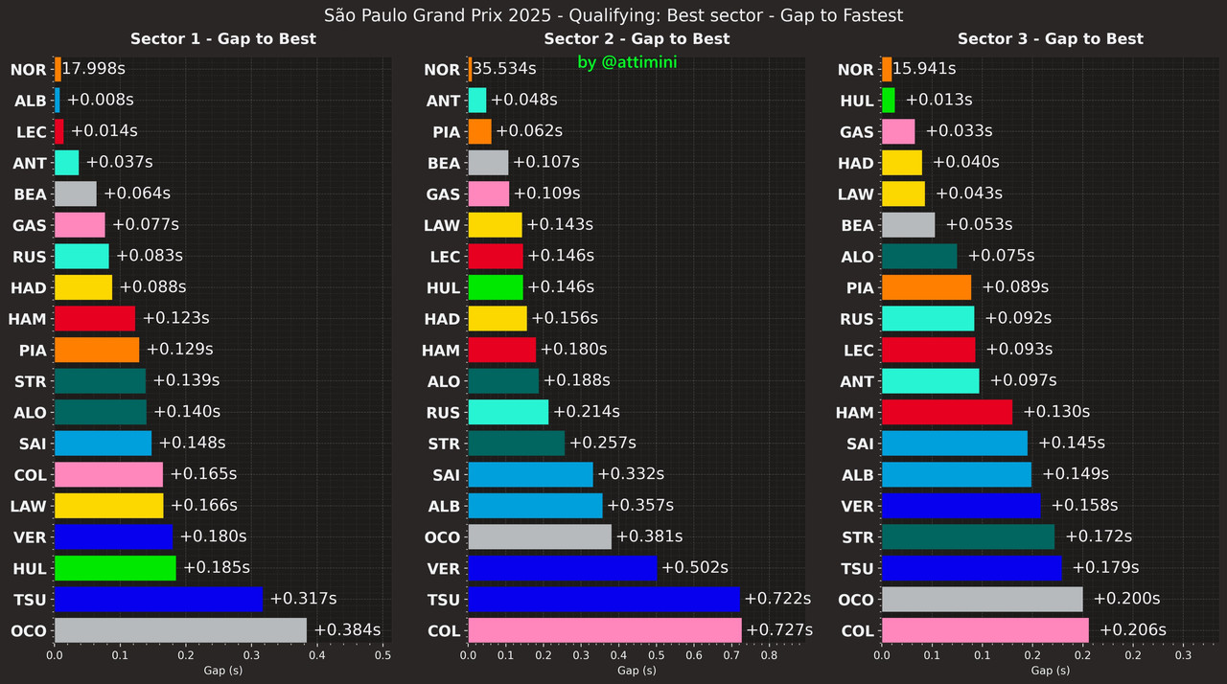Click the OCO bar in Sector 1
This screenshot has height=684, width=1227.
point(180,630)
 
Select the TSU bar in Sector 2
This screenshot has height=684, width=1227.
point(604,600)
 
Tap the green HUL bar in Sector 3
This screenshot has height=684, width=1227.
point(888,100)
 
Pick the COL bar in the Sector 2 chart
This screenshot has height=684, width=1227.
point(605,630)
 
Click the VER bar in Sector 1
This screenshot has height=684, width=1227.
point(113,536)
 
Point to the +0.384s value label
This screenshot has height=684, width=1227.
point(347,630)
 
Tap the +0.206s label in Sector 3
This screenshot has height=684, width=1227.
point(1133,630)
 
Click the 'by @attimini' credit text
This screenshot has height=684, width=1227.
point(628,62)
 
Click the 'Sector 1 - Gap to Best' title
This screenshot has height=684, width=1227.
point(223,39)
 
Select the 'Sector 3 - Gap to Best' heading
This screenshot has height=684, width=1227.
point(1050,39)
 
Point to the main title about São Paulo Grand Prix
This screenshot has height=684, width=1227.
point(613,15)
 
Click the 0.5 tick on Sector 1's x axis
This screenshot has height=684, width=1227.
point(382,656)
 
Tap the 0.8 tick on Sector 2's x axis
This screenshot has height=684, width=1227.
point(769,656)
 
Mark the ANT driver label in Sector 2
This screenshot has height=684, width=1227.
point(443,101)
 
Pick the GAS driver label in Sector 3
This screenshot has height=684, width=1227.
point(856,132)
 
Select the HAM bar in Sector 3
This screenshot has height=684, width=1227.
point(946,412)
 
